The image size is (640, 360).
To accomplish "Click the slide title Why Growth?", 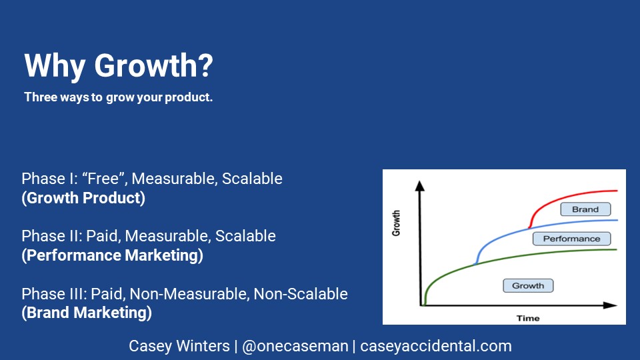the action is (119, 66).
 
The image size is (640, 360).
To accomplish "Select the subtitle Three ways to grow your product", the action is (119, 97).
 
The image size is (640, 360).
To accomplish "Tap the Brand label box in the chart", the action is (585, 209).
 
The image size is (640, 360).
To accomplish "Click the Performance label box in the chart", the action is (571, 239).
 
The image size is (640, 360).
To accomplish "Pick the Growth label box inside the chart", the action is (528, 286).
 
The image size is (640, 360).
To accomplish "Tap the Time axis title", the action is (528, 319).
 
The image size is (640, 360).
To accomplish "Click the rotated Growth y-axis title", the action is (396, 223).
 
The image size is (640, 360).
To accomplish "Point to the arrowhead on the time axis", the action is (610, 305).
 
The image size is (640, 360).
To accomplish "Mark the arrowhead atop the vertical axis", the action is (419, 186).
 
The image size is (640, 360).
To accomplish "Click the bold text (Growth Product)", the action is (83, 198).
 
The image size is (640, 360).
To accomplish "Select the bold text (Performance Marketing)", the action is (112, 255).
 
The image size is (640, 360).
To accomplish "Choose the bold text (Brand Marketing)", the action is (87, 313).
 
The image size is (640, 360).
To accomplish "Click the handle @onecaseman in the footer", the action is (295, 346).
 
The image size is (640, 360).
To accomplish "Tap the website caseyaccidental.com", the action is (436, 346).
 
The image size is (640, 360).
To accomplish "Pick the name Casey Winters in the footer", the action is (179, 346).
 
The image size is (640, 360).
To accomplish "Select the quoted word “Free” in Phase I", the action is (104, 179).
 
